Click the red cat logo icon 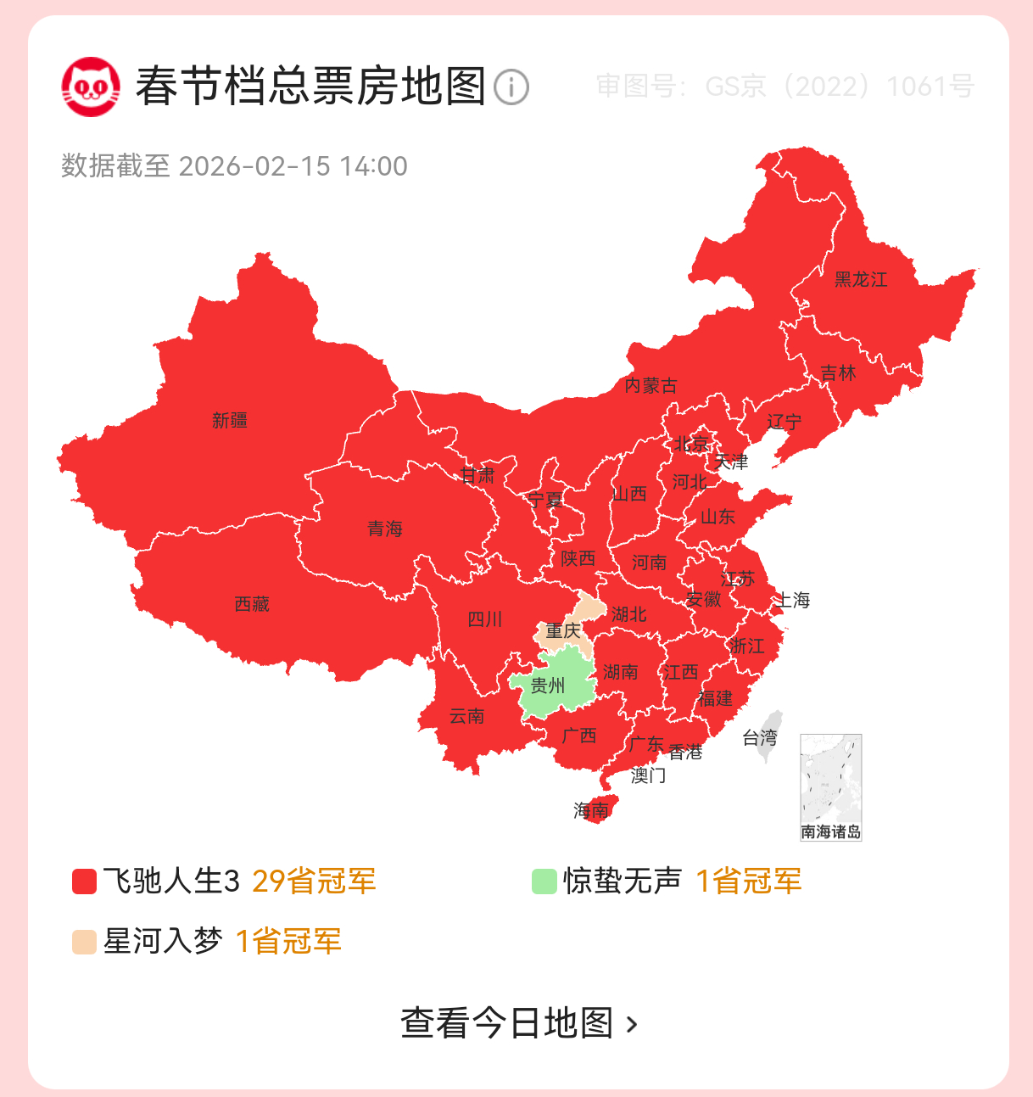tap(91, 87)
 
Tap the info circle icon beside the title tap(511, 87)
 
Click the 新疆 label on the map tap(230, 420)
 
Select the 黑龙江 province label tap(861, 279)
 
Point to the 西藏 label tap(252, 604)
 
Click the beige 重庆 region tap(563, 630)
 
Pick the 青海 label tap(385, 529)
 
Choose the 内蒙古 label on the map tap(651, 386)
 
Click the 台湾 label tap(760, 737)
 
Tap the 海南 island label tap(591, 810)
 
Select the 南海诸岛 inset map tap(830, 787)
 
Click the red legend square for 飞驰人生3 tap(84, 882)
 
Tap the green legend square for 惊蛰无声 tap(544, 882)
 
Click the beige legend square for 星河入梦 tap(84, 942)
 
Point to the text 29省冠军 tap(314, 882)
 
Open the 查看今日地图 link tap(517, 1023)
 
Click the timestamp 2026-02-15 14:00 tap(293, 166)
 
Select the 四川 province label tap(485, 619)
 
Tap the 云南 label tap(466, 716)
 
